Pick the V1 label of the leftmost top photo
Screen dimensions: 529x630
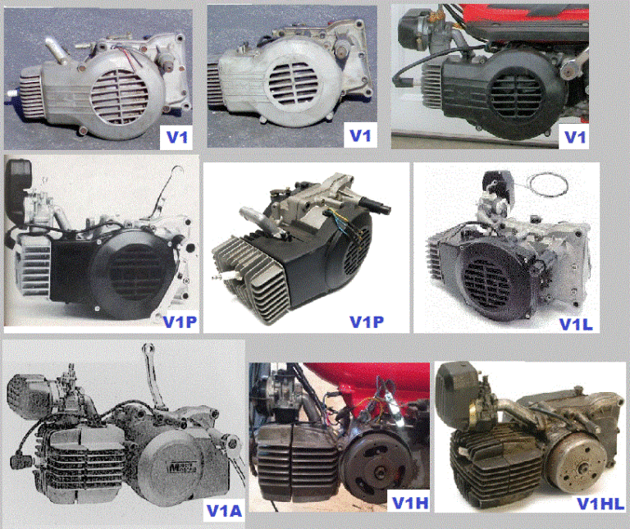[176, 135]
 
